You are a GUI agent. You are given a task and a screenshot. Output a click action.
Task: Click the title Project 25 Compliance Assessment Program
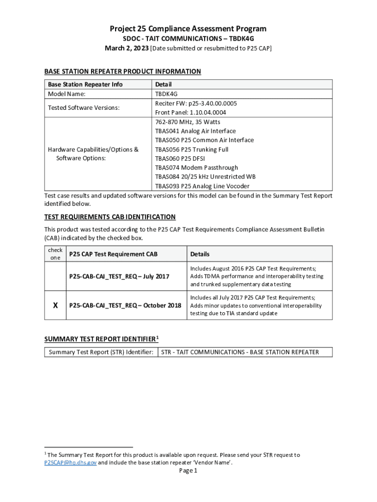[x=188, y=29]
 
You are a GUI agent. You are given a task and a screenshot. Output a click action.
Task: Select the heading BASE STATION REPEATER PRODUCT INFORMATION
[x=122, y=72]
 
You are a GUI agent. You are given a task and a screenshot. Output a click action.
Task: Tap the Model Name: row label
[x=66, y=94]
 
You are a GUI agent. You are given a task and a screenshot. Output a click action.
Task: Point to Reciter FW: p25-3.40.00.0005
[x=196, y=103]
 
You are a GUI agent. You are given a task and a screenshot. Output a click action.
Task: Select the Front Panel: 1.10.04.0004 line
[x=190, y=112]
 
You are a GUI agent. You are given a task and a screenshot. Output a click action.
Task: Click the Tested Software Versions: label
[x=83, y=108]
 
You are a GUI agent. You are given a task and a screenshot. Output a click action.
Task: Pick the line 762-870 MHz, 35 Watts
[x=188, y=122]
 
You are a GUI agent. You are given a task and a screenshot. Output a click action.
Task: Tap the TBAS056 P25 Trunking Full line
[x=191, y=150]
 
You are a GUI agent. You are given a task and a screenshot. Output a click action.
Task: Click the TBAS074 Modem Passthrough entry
[x=196, y=168]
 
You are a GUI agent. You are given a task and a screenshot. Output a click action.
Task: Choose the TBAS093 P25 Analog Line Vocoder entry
[x=202, y=186]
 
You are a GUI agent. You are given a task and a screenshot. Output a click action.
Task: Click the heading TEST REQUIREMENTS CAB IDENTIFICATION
[x=110, y=217]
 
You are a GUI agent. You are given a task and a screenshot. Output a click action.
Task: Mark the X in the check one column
[x=55, y=305]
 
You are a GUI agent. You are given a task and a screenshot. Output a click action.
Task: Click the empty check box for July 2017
[x=55, y=276]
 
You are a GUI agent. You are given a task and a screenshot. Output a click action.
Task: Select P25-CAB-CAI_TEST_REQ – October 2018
[x=125, y=305]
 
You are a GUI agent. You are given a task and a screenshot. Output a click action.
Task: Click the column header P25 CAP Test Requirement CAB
[x=113, y=254]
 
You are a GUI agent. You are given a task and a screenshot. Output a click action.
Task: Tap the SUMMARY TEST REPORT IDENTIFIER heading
[x=101, y=339]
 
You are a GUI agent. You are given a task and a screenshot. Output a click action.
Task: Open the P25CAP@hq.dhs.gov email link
[x=70, y=462]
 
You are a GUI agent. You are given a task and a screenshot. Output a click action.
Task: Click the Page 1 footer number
[x=188, y=471]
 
